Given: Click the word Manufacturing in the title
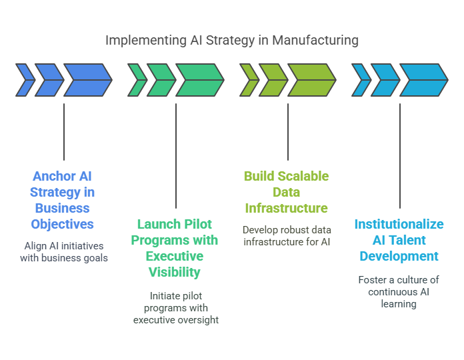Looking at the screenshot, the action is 315,41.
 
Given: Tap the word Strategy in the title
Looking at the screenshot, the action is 230,41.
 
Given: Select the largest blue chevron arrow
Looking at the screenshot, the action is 88,80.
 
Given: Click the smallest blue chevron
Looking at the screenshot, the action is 25,80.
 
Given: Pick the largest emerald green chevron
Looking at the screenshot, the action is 200,80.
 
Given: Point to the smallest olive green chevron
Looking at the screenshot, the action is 249,80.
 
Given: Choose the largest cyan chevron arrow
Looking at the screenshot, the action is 424,80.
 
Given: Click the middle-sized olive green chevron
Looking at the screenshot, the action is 273,80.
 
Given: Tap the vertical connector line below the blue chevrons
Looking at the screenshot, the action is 64,132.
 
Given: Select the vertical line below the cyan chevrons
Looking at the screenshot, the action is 400,156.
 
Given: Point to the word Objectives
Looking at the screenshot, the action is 63,225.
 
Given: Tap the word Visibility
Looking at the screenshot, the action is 175,273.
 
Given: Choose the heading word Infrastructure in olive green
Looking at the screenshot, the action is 287,208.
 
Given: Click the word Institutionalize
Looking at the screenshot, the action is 399,224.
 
